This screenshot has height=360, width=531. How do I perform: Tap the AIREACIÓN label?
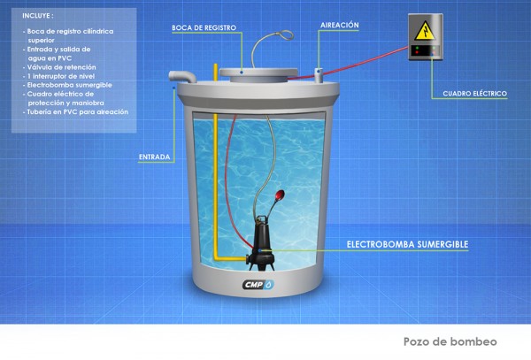point(340,26)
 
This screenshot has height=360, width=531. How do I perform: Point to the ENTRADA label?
point(154,158)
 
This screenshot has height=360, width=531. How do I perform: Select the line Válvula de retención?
point(57,67)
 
